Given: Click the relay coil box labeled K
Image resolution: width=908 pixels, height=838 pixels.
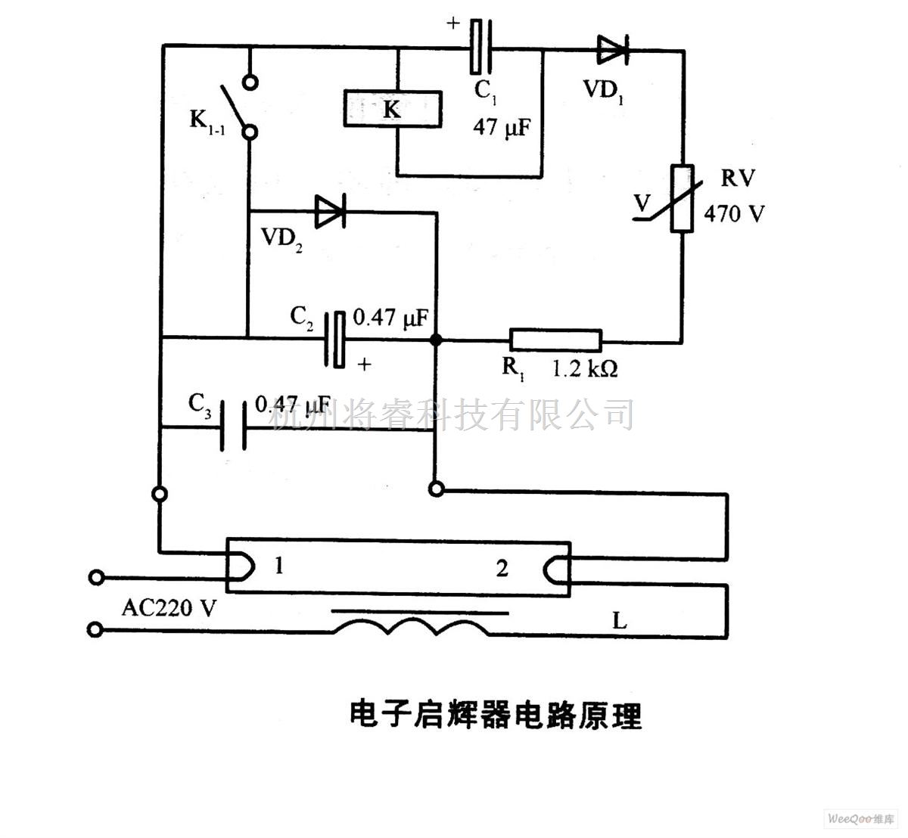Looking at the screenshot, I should pos(393,109).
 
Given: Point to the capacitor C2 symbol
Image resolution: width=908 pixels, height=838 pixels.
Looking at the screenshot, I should pos(336,339).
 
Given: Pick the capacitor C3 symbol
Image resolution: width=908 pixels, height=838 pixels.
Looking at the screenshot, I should pos(233,428).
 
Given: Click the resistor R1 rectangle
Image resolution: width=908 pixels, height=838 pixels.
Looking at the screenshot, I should pos(555,341).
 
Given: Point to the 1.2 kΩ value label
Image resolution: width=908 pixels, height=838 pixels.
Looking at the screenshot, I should pos(585,369).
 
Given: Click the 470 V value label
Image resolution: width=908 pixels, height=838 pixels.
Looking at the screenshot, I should pos(734,214).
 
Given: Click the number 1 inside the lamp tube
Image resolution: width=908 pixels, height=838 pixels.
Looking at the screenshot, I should pos(279,565).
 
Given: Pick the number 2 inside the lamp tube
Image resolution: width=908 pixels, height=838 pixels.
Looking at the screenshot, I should pos(502,568).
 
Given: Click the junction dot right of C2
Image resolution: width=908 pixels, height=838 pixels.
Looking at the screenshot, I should pos(436,340).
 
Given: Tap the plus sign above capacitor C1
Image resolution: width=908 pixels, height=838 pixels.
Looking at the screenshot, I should pos(452,23).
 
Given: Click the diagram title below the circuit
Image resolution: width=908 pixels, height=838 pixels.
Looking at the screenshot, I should pos(495,714).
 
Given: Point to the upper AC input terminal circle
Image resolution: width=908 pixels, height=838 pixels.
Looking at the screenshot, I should pos(96,579).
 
